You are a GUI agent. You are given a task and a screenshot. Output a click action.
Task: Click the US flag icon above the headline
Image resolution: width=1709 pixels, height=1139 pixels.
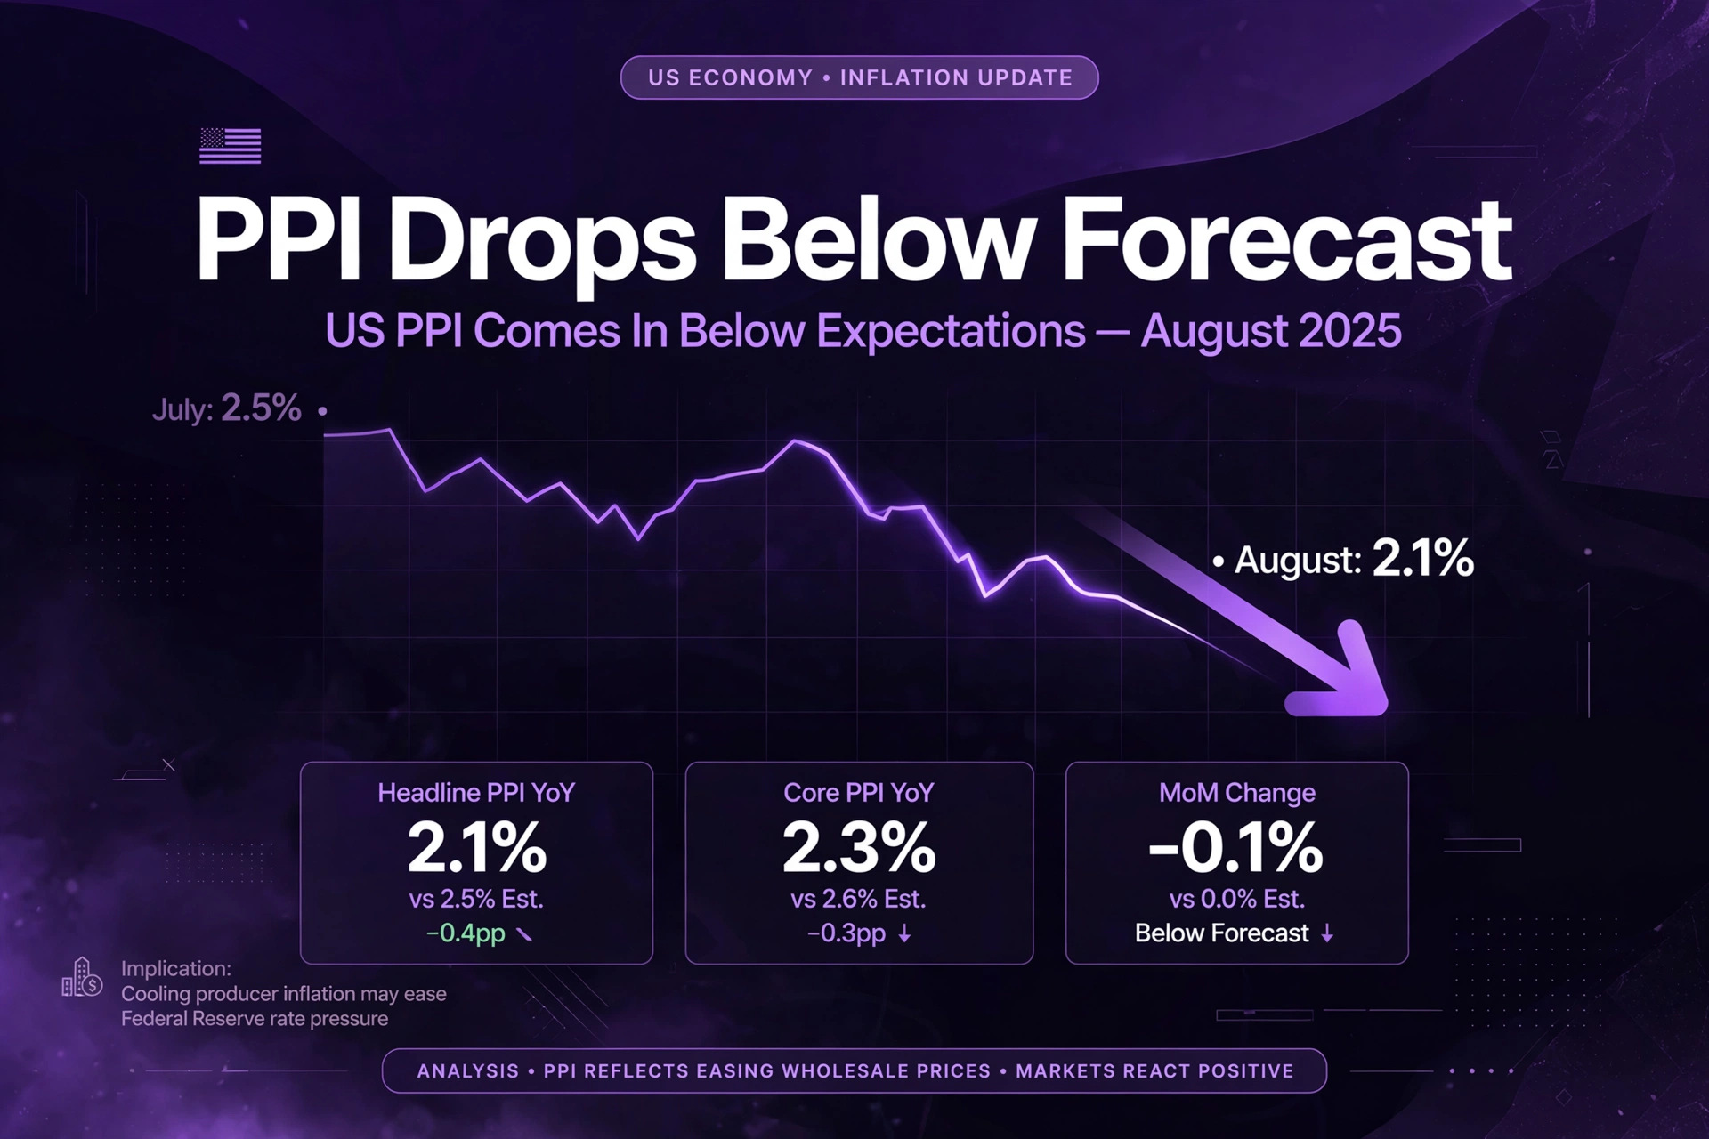click(x=230, y=146)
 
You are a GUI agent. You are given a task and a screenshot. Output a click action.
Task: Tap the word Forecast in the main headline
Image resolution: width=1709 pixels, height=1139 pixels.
click(x=1287, y=240)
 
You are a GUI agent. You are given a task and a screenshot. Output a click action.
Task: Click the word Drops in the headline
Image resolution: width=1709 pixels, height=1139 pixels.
click(x=542, y=243)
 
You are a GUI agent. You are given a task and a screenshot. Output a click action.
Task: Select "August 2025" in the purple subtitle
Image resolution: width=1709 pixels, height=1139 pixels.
click(x=1271, y=331)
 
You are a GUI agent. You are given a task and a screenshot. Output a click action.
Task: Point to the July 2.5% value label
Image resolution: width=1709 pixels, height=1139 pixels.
click(x=227, y=408)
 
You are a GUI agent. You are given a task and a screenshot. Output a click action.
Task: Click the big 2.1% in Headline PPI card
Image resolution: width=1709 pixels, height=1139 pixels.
click(x=477, y=848)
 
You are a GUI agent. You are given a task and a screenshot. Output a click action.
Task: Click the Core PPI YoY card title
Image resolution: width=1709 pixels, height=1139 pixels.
click(x=859, y=793)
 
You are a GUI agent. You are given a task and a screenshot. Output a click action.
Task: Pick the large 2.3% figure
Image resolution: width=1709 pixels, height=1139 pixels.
click(x=859, y=848)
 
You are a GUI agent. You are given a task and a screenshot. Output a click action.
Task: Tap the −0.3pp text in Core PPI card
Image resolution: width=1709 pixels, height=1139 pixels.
click(x=846, y=933)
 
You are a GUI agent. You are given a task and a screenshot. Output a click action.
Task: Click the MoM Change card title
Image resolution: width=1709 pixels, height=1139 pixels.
click(x=1237, y=793)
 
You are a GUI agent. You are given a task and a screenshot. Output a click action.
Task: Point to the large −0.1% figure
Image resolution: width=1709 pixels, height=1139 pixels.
click(x=1236, y=848)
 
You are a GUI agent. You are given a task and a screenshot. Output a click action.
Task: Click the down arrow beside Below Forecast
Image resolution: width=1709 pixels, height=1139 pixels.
click(x=1327, y=933)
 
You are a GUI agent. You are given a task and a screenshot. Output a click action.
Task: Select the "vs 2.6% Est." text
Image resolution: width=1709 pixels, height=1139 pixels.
click(x=859, y=899)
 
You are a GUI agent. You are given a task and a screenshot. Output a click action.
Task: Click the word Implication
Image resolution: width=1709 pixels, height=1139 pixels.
click(x=176, y=968)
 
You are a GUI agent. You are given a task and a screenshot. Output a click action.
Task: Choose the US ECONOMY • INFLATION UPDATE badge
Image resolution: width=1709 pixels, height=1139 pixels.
click(x=860, y=77)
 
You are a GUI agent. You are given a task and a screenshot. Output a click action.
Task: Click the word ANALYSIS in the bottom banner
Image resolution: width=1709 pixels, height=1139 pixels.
click(x=468, y=1071)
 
